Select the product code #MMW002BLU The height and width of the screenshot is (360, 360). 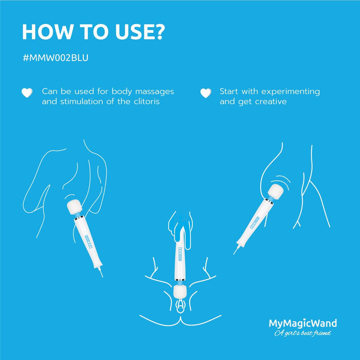(56, 58)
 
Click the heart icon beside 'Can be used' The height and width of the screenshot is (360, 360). (27, 93)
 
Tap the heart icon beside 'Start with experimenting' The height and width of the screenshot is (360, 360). (206, 93)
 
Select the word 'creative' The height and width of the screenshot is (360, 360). (268, 102)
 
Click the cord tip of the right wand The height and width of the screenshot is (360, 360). (235, 253)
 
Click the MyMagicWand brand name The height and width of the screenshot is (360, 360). (303, 323)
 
